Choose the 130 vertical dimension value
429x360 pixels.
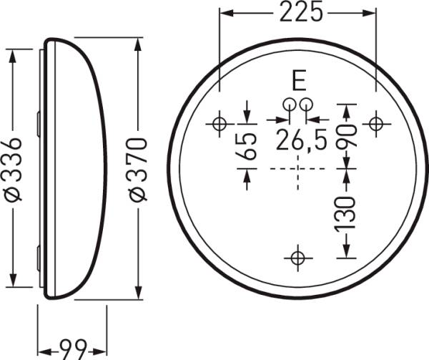[x=347, y=213]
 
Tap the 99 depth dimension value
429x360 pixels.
[x=71, y=350]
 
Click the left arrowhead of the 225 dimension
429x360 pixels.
[x=225, y=13]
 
